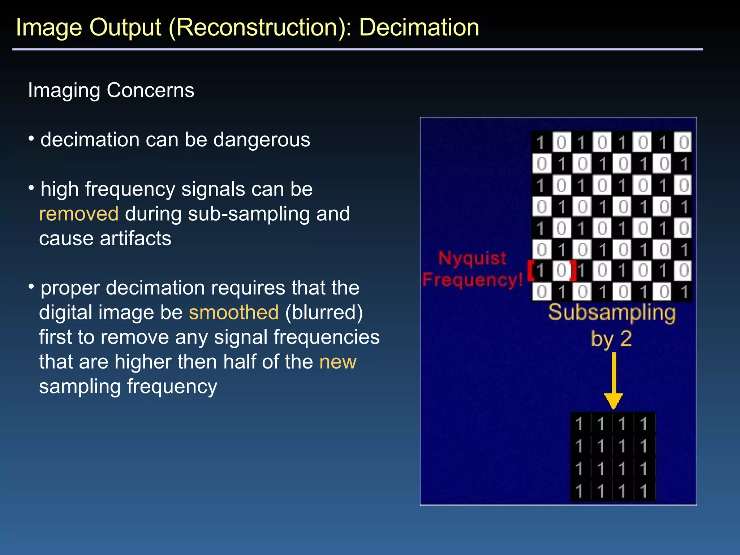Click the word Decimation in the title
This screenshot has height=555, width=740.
point(419,27)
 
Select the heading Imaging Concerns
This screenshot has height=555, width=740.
point(111,90)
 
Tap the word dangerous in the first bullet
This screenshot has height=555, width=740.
point(262,140)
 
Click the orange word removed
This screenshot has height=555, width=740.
point(79,214)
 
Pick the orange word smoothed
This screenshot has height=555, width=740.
point(234,313)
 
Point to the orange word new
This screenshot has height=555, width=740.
point(338,362)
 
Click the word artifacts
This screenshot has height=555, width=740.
point(135,238)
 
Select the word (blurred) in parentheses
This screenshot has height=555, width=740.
point(324,313)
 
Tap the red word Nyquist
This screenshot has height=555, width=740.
point(472,258)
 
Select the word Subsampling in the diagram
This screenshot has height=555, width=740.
point(612,313)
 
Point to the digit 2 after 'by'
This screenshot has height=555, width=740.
point(626,339)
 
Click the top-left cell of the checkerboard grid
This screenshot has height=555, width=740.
point(541,142)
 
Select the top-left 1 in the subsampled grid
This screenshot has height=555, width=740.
point(579,424)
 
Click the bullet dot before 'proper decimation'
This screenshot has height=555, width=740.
point(31,287)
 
